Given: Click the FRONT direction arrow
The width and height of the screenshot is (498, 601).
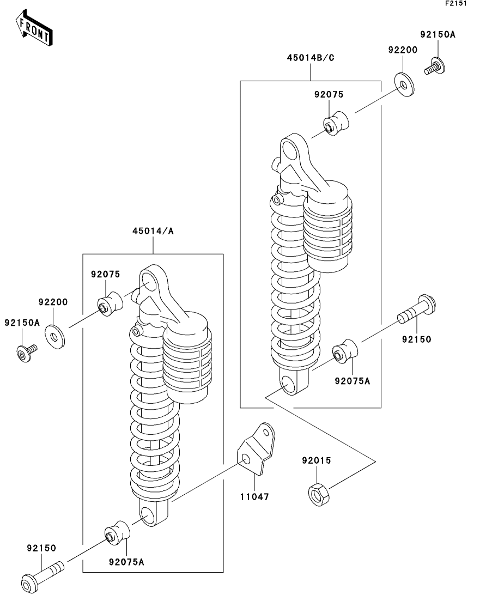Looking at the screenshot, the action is [34, 28].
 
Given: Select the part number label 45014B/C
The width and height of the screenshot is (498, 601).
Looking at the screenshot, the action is [311, 58].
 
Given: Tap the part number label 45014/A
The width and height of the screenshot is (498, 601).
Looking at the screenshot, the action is [153, 231].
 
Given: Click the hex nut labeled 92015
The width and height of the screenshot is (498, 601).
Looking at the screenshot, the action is [318, 494].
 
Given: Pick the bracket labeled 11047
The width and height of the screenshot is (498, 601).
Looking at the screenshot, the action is [256, 448].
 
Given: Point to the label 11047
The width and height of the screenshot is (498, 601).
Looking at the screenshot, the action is [254, 497].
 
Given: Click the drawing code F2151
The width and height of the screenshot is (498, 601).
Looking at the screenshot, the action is [456, 3].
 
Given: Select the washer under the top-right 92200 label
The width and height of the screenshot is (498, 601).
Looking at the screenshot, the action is [404, 84].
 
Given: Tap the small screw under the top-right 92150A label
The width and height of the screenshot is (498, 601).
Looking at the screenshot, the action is [435, 66].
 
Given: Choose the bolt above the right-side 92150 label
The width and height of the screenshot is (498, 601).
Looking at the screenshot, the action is [417, 309].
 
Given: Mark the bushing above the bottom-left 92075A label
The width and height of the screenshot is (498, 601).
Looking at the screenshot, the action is [117, 532].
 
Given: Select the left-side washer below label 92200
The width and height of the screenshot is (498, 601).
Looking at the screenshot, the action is [55, 337].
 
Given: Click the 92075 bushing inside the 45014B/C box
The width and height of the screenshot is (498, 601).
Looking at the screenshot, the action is [336, 124].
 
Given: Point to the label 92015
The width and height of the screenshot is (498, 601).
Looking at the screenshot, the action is [316, 460].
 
